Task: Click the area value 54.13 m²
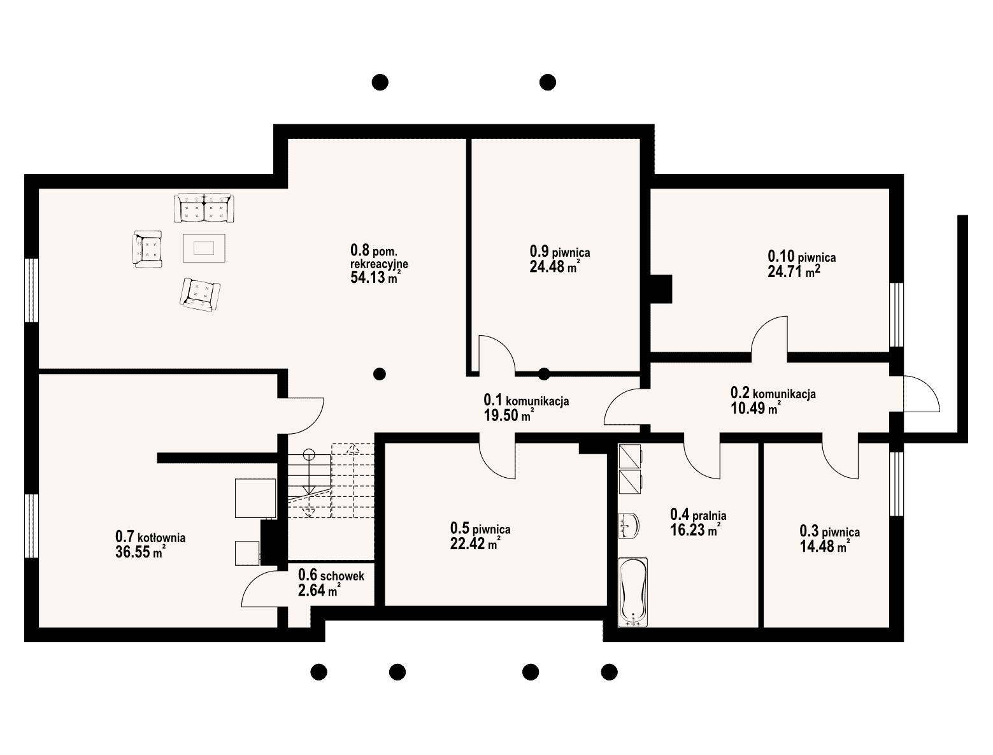[x=375, y=277]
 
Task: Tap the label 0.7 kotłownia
[x=150, y=536]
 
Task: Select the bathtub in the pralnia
[x=632, y=592]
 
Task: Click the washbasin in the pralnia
[x=629, y=526]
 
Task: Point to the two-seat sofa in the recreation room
[x=204, y=208]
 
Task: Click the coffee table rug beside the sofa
[x=204, y=248]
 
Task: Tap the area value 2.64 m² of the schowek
[x=319, y=591]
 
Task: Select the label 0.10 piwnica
[x=802, y=257]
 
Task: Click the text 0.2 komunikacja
[x=773, y=393]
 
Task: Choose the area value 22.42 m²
[x=475, y=543]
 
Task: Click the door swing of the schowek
[x=260, y=588]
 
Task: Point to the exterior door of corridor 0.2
[x=921, y=393]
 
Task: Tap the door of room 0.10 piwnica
[x=769, y=334]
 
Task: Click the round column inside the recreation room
[x=379, y=373]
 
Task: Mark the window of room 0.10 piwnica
[x=896, y=315]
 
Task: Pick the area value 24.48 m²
[x=555, y=267]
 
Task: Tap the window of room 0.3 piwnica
[x=896, y=484]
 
